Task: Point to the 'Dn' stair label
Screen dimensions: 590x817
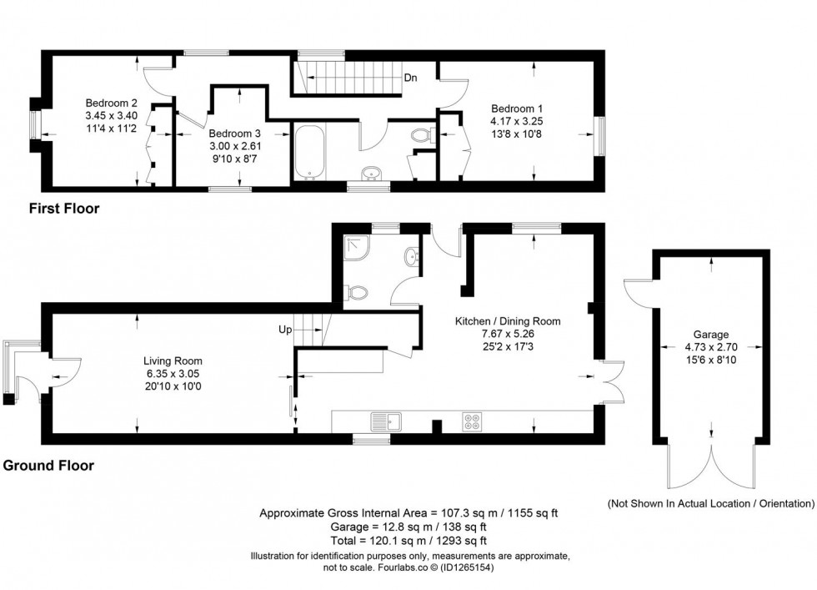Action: click(x=410, y=78)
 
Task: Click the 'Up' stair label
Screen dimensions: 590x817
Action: click(x=284, y=330)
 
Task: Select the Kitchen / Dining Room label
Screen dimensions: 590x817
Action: click(x=507, y=321)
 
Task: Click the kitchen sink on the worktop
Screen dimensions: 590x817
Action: click(x=388, y=421)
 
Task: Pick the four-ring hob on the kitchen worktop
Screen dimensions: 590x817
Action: click(x=473, y=421)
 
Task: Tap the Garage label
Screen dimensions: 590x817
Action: click(x=709, y=332)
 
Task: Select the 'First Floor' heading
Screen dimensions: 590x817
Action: click(x=64, y=209)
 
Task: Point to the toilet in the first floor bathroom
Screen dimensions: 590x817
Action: click(x=421, y=136)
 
